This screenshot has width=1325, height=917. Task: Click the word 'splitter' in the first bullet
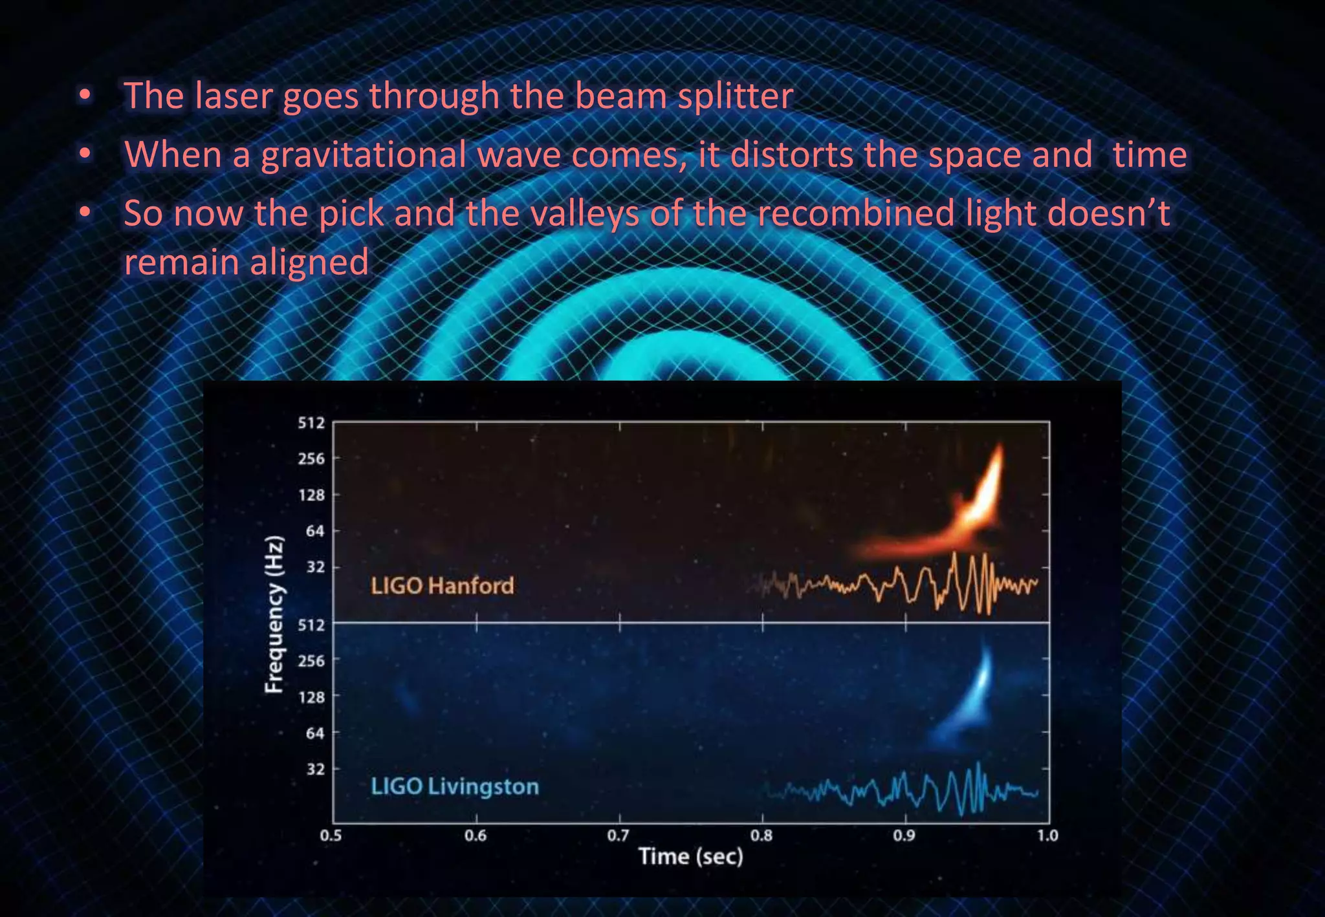pos(735,96)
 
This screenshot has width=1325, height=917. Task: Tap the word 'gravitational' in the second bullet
pos(364,155)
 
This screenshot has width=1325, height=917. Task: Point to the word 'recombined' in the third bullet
pos(856,213)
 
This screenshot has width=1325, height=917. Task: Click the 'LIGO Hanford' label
pos(443,586)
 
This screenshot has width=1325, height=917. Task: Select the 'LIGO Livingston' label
pos(455,787)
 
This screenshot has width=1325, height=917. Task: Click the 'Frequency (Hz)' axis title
pos(275,614)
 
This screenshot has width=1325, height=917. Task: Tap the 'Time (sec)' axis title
pos(691,857)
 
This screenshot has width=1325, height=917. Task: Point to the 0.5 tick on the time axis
pos(331,836)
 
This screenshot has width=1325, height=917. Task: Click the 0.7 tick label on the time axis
pos(619,836)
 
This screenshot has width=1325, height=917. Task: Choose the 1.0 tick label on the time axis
pos(1047,836)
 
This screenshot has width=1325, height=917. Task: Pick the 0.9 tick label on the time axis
pos(904,836)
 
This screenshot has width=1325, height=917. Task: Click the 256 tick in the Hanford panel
pos(311,459)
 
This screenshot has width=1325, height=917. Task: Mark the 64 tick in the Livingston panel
pos(315,733)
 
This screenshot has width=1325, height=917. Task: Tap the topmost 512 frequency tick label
pos(311,423)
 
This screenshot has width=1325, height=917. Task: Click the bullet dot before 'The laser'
pos(85,96)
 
